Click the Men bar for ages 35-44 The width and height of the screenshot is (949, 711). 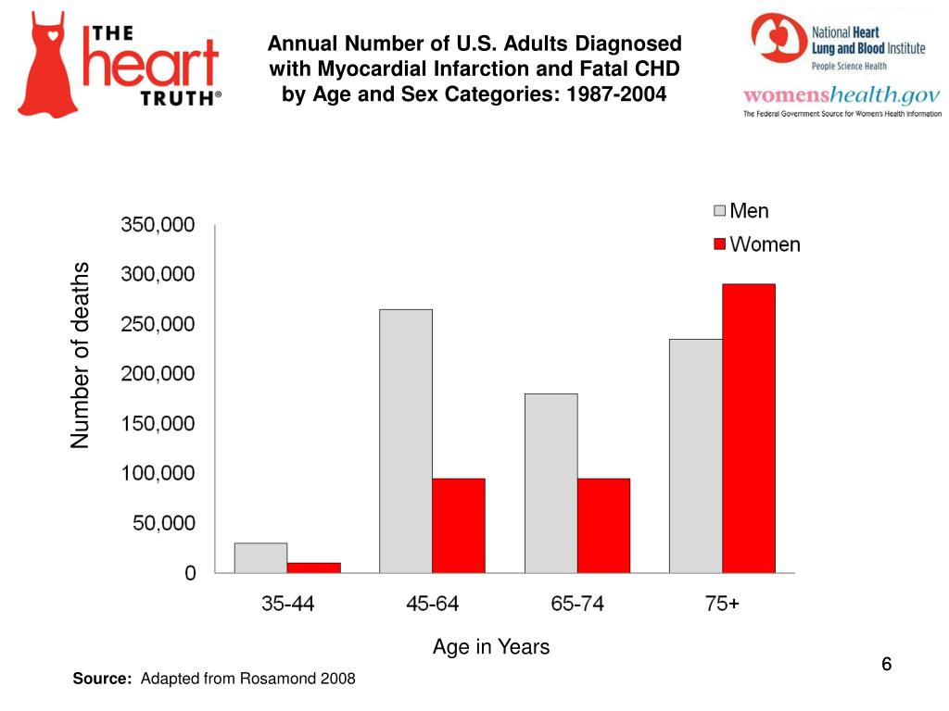pyautogui.click(x=260, y=558)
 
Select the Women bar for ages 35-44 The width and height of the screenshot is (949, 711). pyautogui.click(x=313, y=568)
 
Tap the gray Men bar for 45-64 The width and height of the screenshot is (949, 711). pyautogui.click(x=406, y=441)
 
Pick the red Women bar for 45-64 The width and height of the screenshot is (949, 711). pyautogui.click(x=458, y=525)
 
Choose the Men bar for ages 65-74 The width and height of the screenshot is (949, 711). pyautogui.click(x=550, y=483)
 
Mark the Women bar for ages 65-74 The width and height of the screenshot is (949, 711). pyautogui.click(x=603, y=525)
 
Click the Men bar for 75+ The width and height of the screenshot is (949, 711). pyautogui.click(x=696, y=455)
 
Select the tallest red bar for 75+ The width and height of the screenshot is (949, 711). pyautogui.click(x=749, y=428)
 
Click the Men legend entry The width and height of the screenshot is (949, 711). pyautogui.click(x=740, y=211)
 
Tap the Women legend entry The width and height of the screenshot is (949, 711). pyautogui.click(x=755, y=244)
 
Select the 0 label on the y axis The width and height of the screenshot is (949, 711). pyautogui.click(x=190, y=573)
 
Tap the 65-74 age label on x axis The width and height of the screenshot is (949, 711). pyautogui.click(x=576, y=605)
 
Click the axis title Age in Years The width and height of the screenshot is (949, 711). pyautogui.click(x=490, y=647)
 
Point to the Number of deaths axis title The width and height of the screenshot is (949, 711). pyautogui.click(x=82, y=355)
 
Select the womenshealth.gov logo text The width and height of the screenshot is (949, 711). pyautogui.click(x=841, y=95)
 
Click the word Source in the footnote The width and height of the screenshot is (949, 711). pyautogui.click(x=102, y=680)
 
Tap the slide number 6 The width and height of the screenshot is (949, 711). pyautogui.click(x=886, y=665)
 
